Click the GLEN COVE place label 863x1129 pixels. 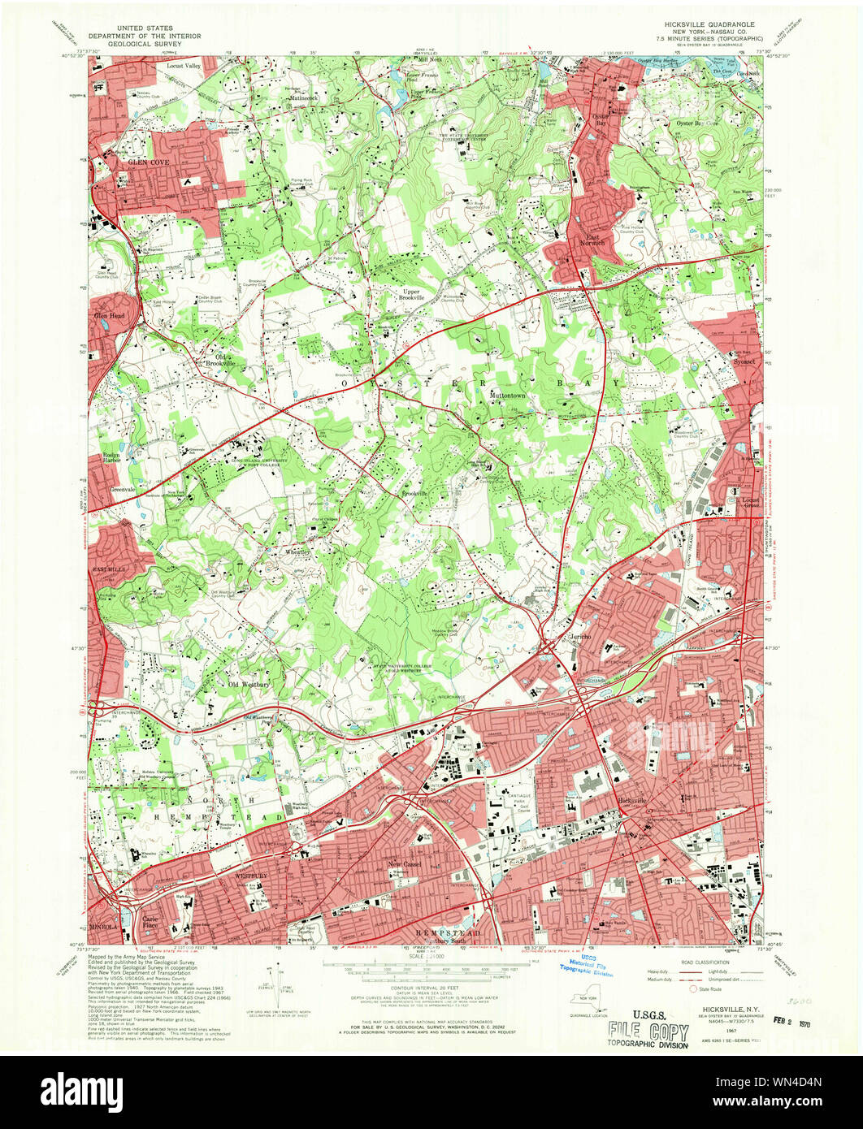click(x=135, y=162)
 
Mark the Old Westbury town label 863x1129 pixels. click(x=249, y=684)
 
